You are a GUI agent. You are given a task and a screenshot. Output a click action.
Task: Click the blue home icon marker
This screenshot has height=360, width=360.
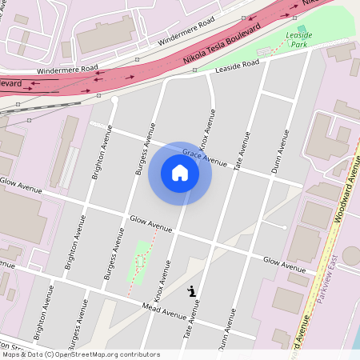[x=179, y=173]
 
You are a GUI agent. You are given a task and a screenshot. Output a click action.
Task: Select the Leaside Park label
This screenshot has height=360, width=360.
[x=298, y=40]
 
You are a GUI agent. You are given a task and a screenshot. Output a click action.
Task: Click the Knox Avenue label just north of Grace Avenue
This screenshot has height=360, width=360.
[x=208, y=132]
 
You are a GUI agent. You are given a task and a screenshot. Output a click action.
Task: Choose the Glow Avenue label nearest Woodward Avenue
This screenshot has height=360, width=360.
[x=284, y=264]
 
